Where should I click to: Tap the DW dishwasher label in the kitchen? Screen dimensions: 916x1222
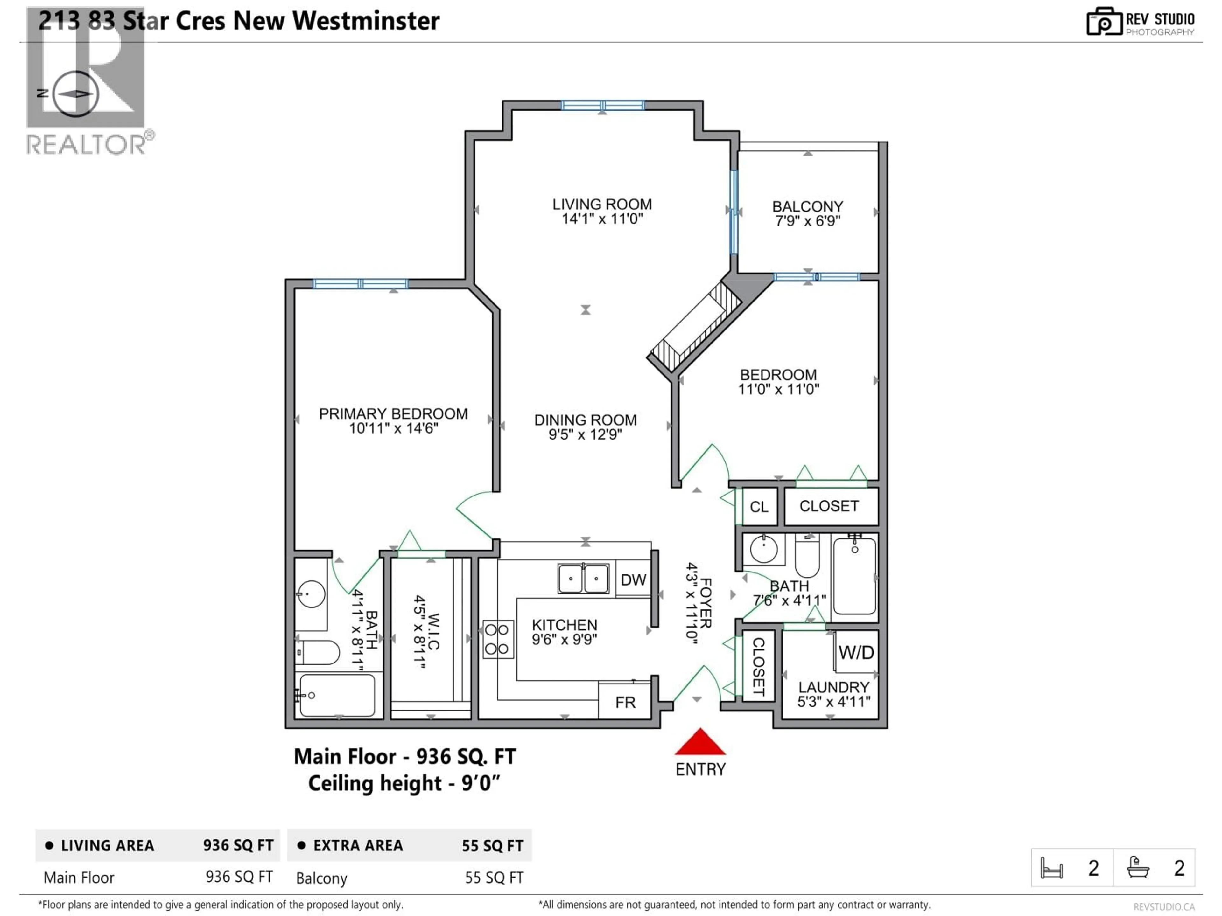[633, 580]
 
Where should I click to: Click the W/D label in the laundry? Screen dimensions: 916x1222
[856, 653]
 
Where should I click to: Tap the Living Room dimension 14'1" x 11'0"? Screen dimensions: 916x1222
[602, 219]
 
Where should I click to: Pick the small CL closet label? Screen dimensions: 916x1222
[759, 507]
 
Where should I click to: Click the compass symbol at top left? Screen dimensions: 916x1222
[76, 94]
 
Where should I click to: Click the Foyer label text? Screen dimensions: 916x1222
[706, 603]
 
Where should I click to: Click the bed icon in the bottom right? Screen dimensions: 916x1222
[1051, 868]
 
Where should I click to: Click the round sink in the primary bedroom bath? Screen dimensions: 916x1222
[311, 593]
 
